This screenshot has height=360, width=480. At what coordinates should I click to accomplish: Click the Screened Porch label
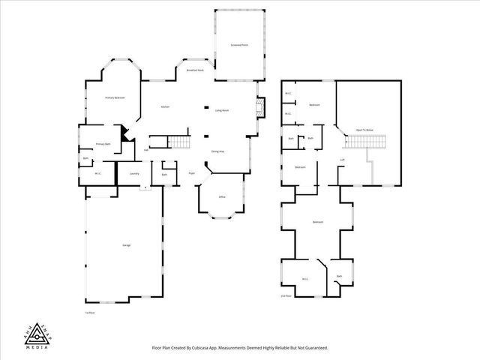(240, 46)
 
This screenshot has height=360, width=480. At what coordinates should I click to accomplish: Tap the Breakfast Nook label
(196, 70)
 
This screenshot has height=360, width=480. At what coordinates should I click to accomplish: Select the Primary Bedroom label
(115, 98)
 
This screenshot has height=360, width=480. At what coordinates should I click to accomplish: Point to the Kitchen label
(165, 107)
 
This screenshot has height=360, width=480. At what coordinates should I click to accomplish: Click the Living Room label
(222, 110)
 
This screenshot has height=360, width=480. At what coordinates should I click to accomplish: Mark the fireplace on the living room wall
(259, 109)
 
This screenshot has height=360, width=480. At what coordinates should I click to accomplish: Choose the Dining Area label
(218, 151)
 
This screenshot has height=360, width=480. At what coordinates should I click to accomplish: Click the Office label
(222, 197)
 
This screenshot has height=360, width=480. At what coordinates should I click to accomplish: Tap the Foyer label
(192, 173)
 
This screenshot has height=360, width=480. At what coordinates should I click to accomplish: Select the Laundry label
(134, 173)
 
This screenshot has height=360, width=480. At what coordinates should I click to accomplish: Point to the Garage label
(127, 246)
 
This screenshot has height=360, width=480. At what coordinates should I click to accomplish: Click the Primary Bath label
(103, 143)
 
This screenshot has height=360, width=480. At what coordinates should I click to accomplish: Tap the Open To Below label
(365, 129)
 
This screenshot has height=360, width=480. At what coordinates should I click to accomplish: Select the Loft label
(342, 160)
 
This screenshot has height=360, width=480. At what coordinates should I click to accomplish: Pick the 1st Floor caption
(89, 312)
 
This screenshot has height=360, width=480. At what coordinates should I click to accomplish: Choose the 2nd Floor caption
(286, 296)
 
